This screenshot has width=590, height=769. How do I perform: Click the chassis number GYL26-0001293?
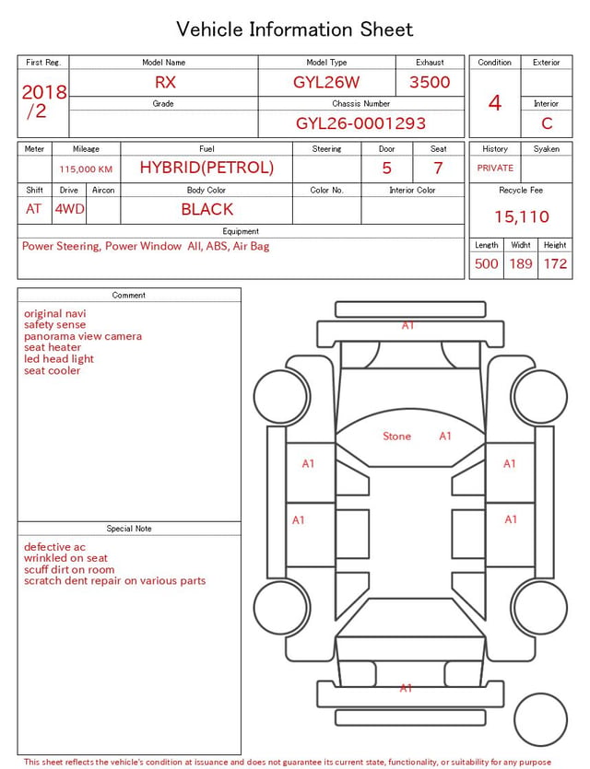[360, 123]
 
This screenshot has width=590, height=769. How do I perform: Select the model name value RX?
[165, 82]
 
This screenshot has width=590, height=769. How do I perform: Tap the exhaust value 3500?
[430, 82]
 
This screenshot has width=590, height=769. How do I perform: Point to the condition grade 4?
[495, 103]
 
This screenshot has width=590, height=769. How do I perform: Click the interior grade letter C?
[547, 123]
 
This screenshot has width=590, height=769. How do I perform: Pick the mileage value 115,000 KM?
[86, 169]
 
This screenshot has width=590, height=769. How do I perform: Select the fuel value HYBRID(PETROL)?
[206, 168]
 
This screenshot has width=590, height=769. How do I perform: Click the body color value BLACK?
[207, 209]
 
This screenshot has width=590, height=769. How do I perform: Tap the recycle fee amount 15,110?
[521, 216]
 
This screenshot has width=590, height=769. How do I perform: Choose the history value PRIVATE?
[495, 168]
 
